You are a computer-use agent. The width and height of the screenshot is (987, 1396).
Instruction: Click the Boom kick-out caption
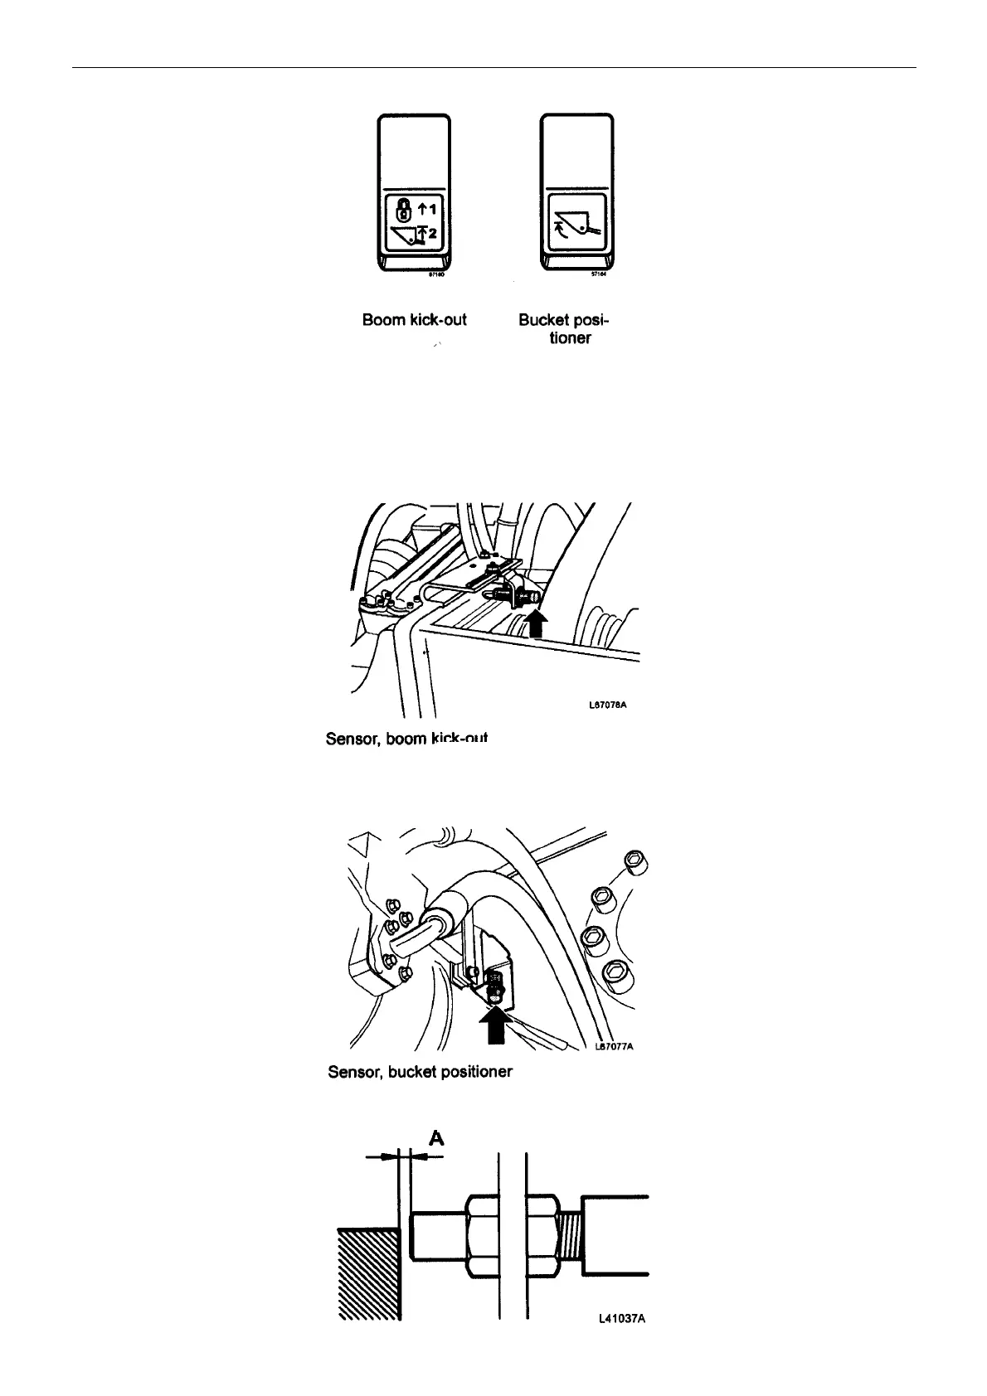click(414, 319)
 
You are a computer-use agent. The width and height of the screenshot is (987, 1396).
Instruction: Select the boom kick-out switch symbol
click(413, 224)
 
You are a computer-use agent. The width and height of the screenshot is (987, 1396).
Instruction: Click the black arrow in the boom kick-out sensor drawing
click(537, 623)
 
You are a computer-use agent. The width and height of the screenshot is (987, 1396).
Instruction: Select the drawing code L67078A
click(607, 705)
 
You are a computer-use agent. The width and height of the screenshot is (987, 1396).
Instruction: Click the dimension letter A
click(435, 1140)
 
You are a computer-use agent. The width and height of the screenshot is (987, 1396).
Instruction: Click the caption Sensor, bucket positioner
click(420, 1072)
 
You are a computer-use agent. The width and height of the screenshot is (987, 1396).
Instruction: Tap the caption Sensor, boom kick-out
click(406, 738)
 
